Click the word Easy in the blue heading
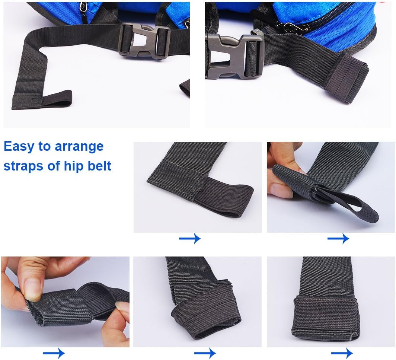tap(18, 147)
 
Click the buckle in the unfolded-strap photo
tap(145, 40)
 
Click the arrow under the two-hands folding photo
tap(54, 353)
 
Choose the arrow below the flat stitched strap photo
tap(189, 238)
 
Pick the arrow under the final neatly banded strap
tap(342, 353)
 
